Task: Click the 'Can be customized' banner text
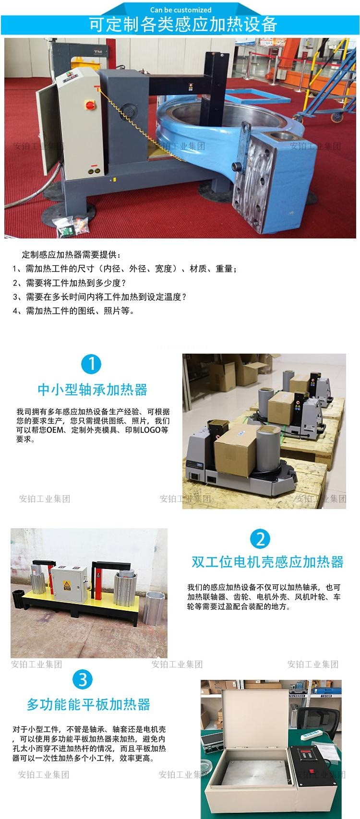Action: tap(180, 10)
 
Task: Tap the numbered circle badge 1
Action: tap(91, 364)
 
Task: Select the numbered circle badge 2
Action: tap(260, 539)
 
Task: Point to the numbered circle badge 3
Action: tap(83, 679)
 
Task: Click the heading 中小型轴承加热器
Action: tap(92, 390)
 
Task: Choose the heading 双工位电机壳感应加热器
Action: tap(267, 562)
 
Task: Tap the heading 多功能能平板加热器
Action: tap(88, 704)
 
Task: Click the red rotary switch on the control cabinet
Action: tap(89, 104)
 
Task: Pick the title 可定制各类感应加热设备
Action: tap(183, 24)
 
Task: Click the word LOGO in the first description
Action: tap(150, 430)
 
